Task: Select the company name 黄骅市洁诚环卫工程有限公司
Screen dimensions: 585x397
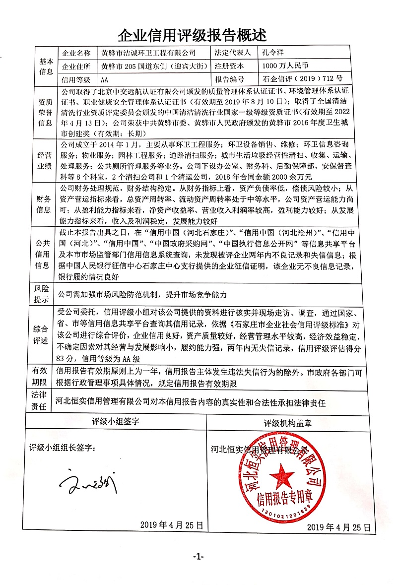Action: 148,53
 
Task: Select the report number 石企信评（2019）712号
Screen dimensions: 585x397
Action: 304,78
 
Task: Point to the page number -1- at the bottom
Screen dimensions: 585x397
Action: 198,557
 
